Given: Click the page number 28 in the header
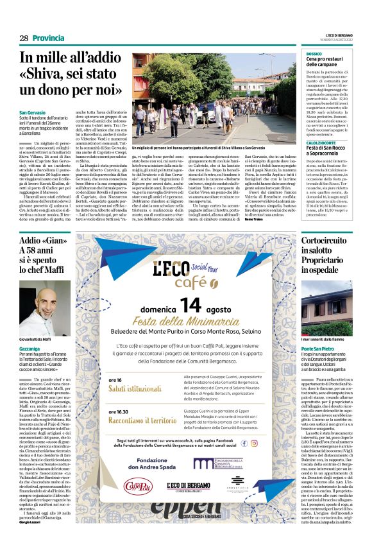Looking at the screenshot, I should pyautogui.click(x=24, y=39).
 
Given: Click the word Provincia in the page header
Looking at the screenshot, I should pyautogui.click(x=49, y=39).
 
